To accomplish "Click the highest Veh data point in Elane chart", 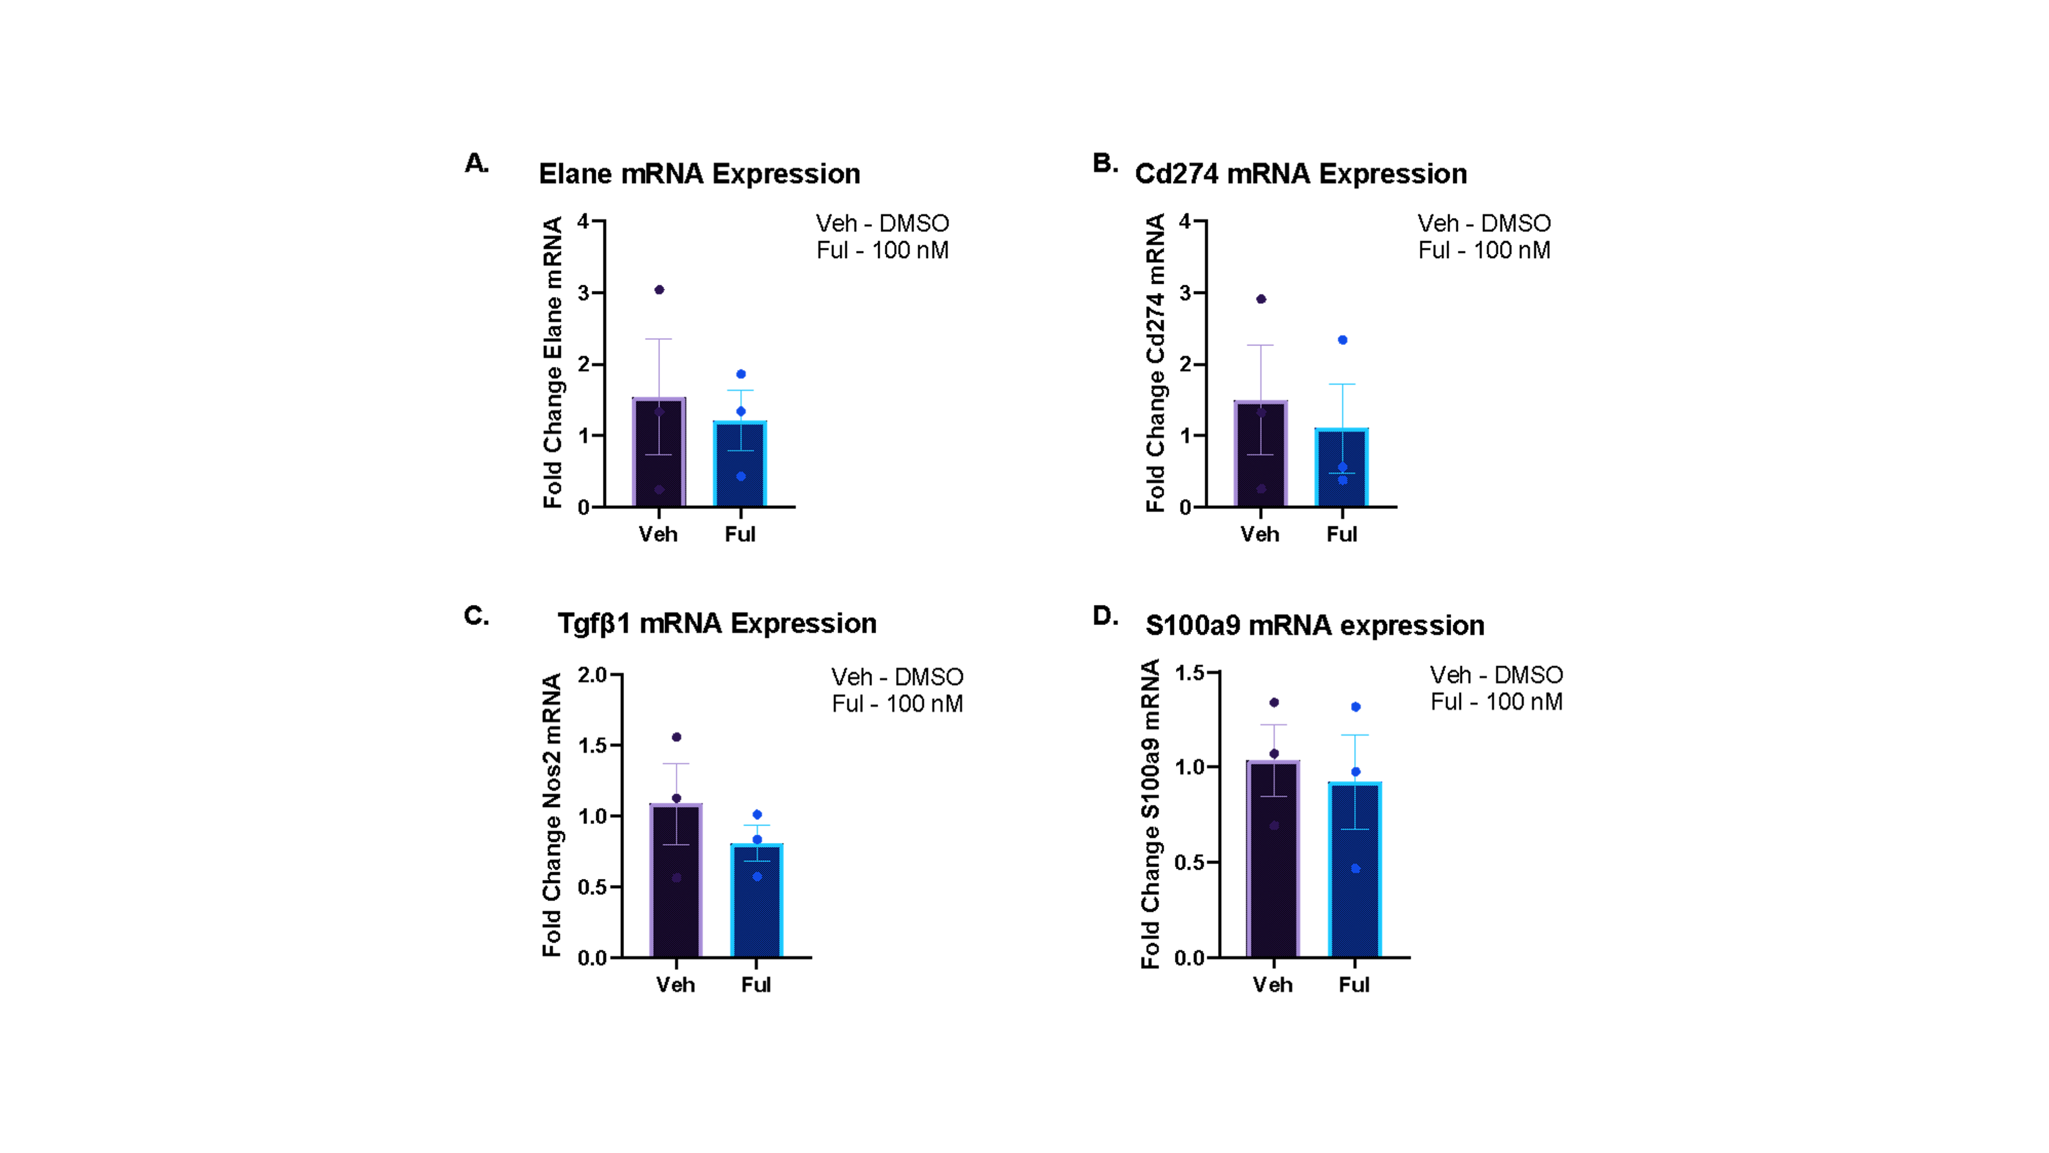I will pyautogui.click(x=659, y=289).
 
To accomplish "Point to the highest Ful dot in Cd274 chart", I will pyautogui.click(x=1342, y=340).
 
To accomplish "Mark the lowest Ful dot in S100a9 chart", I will pyautogui.click(x=1355, y=868).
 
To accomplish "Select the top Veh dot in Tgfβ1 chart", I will pyautogui.click(x=677, y=737).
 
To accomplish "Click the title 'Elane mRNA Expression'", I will pyautogui.click(x=699, y=173).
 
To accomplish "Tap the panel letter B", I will pyautogui.click(x=1104, y=163).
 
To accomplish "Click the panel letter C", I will pyautogui.click(x=476, y=616).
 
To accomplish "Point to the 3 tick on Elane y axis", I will pyautogui.click(x=584, y=293).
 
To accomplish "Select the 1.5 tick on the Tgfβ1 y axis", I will pyautogui.click(x=592, y=745).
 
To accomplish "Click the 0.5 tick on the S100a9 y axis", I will pyautogui.click(x=1189, y=862).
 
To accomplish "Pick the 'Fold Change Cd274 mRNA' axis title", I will pyautogui.click(x=1156, y=363).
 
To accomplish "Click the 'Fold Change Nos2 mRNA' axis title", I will pyautogui.click(x=552, y=815).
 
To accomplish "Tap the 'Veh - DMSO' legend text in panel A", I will pyautogui.click(x=882, y=224).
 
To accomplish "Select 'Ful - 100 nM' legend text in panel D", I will pyautogui.click(x=1496, y=702).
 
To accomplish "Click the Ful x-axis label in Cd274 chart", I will pyautogui.click(x=1342, y=534).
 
